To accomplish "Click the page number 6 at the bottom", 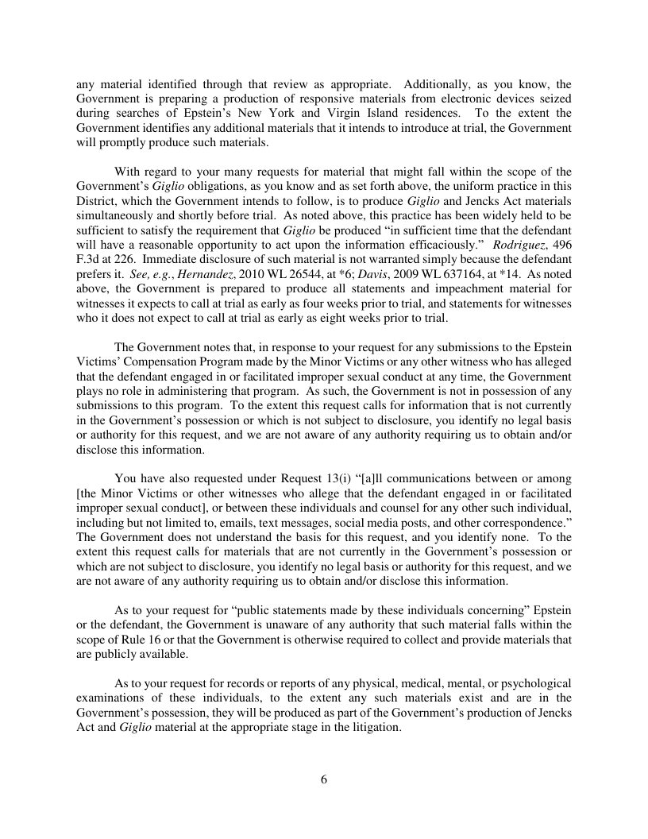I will [324, 779].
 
